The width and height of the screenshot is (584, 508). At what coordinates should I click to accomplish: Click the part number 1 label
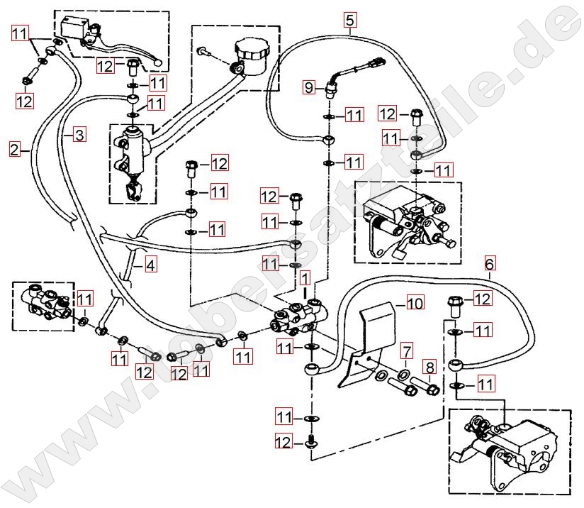(304, 275)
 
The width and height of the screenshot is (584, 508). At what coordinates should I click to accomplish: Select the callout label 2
(15, 149)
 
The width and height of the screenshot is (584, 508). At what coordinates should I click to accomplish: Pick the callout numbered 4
(150, 266)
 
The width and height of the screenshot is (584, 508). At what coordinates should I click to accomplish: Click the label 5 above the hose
(349, 20)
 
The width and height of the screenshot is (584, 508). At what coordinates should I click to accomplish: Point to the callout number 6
(490, 264)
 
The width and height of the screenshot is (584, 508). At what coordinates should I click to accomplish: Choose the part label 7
(406, 350)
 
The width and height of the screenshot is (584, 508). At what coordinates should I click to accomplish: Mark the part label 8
(429, 368)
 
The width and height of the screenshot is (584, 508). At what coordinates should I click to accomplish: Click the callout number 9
(309, 88)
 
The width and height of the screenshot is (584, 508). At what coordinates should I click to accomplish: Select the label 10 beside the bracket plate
(415, 304)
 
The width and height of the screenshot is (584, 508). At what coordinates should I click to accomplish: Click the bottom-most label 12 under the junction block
(283, 442)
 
